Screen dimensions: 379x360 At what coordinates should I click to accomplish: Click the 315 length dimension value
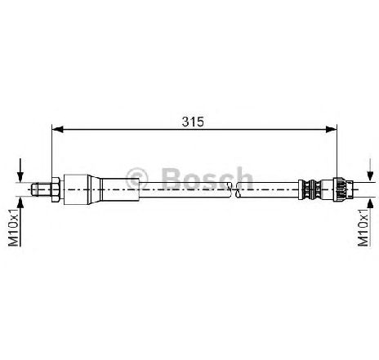pyautogui.click(x=193, y=122)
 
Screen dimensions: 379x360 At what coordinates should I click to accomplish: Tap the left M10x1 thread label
pyautogui.click(x=13, y=227)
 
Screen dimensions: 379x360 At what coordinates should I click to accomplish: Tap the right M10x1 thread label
pyautogui.click(x=363, y=227)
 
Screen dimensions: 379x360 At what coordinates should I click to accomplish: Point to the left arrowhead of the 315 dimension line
pyautogui.click(x=57, y=129)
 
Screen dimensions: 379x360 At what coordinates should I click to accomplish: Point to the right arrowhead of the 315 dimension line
pyautogui.click(x=332, y=129)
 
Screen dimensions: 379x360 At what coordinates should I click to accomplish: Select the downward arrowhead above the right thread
pyautogui.click(x=370, y=176)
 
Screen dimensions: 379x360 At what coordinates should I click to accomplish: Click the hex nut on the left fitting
pyautogui.click(x=56, y=189)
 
